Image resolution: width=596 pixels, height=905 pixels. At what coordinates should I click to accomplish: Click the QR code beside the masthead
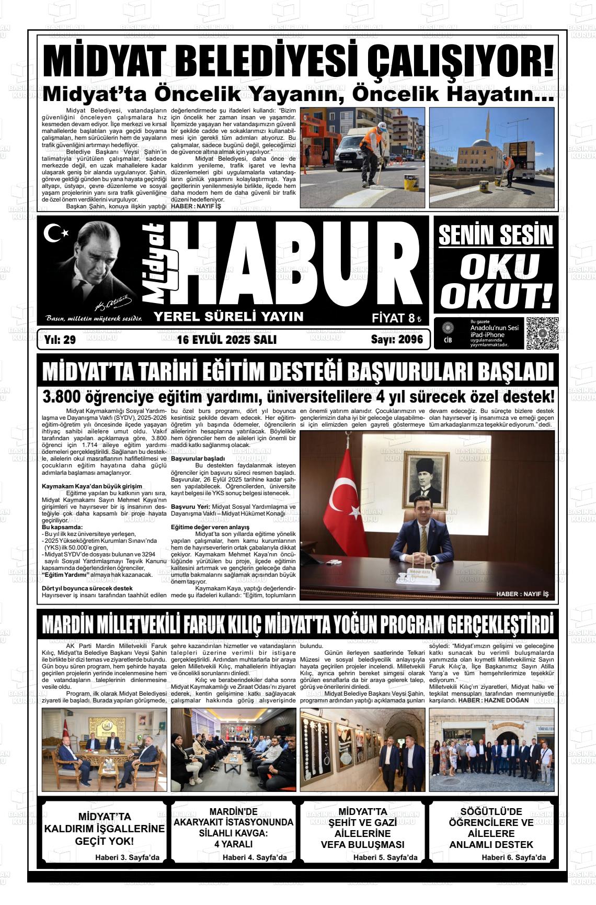[542, 333]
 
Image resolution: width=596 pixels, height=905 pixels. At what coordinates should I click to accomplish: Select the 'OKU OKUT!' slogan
[496, 281]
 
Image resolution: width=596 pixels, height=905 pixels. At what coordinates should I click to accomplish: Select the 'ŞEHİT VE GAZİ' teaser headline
[362, 822]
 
